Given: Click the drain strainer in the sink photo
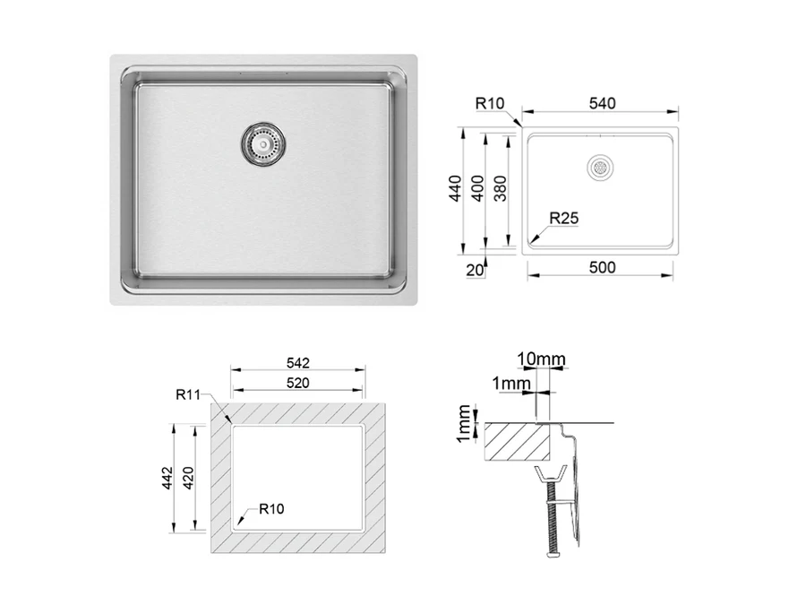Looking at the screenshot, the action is (x=263, y=144).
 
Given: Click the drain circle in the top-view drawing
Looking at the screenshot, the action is (x=600, y=168).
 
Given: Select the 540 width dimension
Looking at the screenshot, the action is (x=602, y=103).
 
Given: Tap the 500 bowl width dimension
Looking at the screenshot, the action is (x=602, y=267).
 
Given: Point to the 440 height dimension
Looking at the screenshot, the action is (x=456, y=188).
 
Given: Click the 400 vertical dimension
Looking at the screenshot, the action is (x=477, y=188).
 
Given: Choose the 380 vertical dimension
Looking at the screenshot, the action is (x=500, y=188).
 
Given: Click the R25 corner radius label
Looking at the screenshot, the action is (x=564, y=218).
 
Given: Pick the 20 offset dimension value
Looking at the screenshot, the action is (x=475, y=270).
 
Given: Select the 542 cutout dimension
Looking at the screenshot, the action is (x=297, y=363).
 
